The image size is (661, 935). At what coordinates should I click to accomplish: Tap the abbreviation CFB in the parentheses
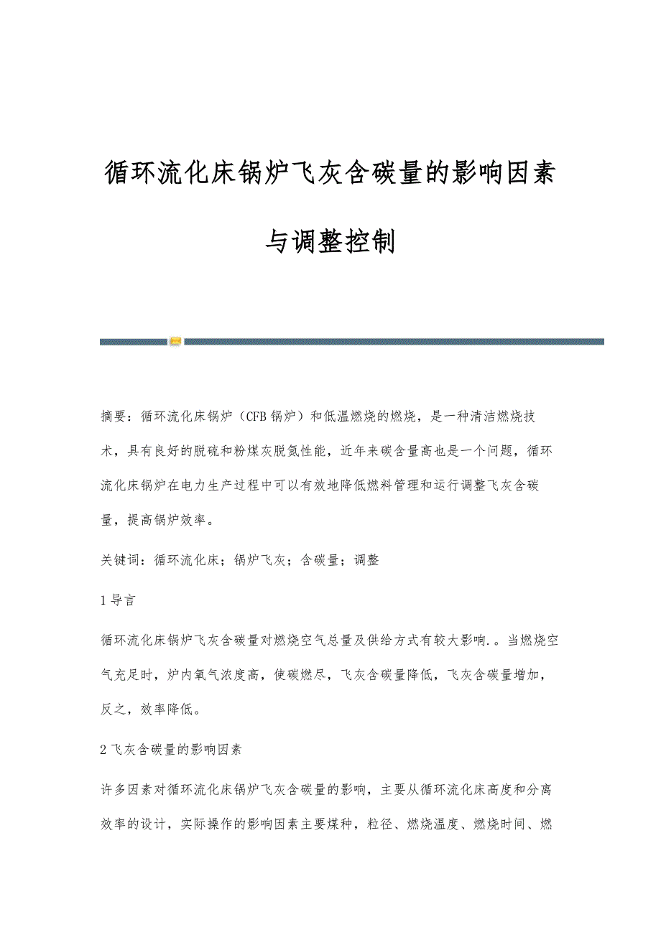pyautogui.click(x=256, y=416)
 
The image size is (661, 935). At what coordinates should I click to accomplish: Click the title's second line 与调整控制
pyautogui.click(x=330, y=241)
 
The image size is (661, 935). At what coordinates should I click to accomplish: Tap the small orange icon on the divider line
pyautogui.click(x=175, y=341)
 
